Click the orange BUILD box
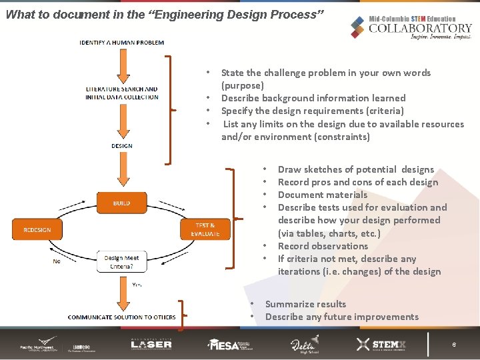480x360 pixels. pyautogui.click(x=121, y=203)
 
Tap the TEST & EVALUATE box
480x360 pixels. pyautogui.click(x=205, y=229)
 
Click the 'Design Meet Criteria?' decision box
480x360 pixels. pyautogui.click(x=122, y=261)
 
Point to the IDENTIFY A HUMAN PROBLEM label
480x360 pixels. pyautogui.click(x=121, y=43)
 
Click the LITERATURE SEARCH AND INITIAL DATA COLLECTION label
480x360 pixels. pyautogui.click(x=122, y=93)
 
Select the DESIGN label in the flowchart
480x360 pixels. pyautogui.click(x=121, y=145)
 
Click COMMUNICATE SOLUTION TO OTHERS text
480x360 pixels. pyautogui.click(x=121, y=317)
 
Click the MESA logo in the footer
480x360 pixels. pyautogui.click(x=233, y=344)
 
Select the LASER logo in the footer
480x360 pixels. pyautogui.click(x=151, y=343)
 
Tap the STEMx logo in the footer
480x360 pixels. pyautogui.click(x=381, y=344)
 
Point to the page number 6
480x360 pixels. pyautogui.click(x=454, y=345)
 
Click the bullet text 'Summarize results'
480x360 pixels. pyautogui.click(x=305, y=304)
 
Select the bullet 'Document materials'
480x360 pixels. pyautogui.click(x=322, y=195)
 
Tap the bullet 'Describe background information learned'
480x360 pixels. pyautogui.click(x=313, y=98)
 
